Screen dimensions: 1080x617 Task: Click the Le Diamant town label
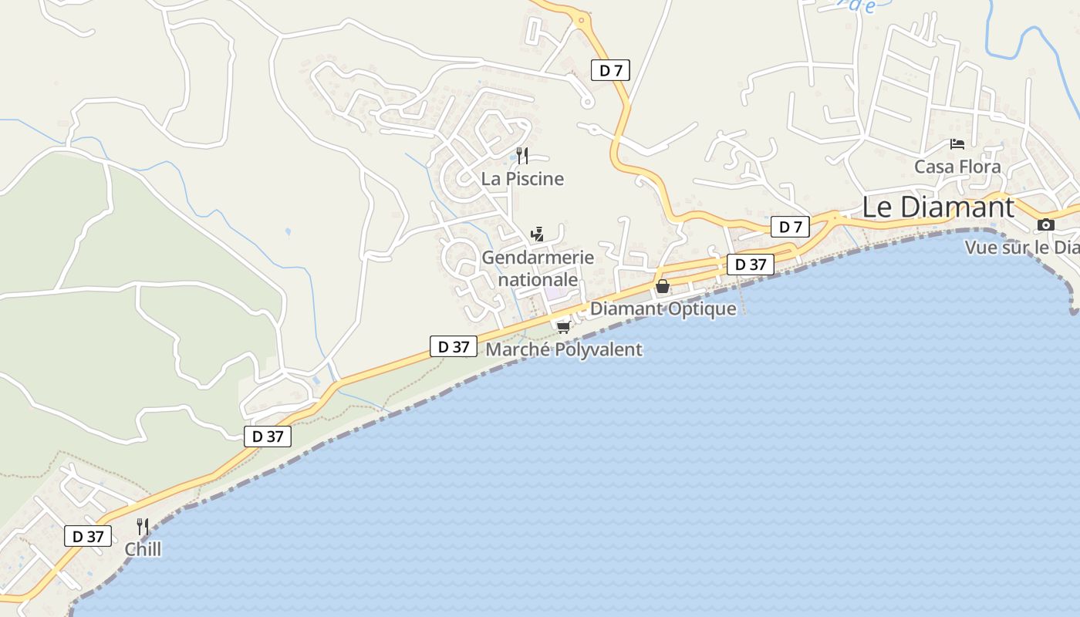(x=937, y=207)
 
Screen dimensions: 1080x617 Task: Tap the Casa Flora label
(x=957, y=167)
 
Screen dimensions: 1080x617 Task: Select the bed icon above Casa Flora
(x=957, y=144)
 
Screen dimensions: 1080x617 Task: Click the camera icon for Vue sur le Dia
(x=1045, y=225)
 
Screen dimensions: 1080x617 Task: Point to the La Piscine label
(x=522, y=179)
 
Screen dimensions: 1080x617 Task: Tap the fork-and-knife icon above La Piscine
(x=522, y=156)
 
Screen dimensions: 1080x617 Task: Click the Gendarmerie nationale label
(x=538, y=268)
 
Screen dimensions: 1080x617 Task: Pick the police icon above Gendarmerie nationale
(x=537, y=234)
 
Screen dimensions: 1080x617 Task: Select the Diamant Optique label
(x=663, y=308)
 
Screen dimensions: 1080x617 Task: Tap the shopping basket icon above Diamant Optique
(x=662, y=287)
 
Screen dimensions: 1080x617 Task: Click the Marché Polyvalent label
(x=563, y=349)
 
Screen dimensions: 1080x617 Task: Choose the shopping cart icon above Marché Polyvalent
(x=563, y=327)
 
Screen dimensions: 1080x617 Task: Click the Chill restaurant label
(x=143, y=549)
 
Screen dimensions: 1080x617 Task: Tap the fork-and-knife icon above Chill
(x=143, y=527)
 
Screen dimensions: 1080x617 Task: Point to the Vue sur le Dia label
(x=1021, y=248)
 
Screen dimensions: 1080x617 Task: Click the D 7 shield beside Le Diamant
(x=790, y=227)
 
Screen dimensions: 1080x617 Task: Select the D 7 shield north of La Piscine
(x=611, y=70)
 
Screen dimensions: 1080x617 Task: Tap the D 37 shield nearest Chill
(x=88, y=536)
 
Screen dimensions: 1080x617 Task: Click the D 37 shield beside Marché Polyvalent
(x=454, y=346)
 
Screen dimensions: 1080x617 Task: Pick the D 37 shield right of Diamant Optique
(x=750, y=265)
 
